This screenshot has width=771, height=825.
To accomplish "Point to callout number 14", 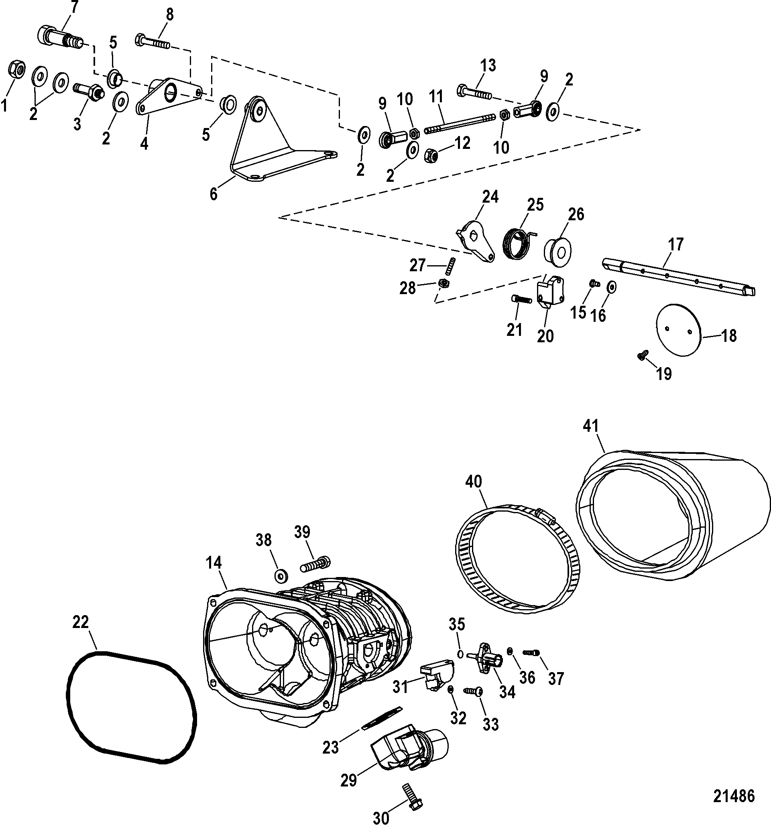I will tap(214, 563).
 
